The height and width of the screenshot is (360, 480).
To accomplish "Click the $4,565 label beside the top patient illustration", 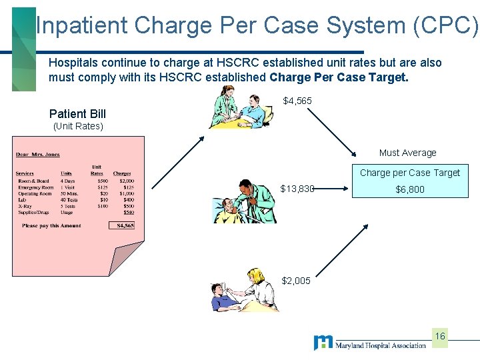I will point(297,101).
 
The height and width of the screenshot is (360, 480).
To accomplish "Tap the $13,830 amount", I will point(297,189).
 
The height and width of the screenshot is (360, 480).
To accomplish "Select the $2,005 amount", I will point(296,281).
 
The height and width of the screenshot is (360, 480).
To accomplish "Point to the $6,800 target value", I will point(409,189).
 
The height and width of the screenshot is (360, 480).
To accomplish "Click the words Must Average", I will point(407,153).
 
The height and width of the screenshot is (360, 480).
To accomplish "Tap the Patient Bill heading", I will point(77,114).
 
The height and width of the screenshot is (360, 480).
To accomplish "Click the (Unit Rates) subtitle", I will point(78,126).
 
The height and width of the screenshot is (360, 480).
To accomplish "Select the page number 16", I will point(439,336).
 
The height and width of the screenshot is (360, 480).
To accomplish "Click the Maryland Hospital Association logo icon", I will point(323,343).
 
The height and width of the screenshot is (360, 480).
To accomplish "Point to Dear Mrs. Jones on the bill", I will point(37,155).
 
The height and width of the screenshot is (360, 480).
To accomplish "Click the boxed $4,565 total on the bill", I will point(125,225).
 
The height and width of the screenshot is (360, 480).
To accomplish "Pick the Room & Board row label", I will point(33,181).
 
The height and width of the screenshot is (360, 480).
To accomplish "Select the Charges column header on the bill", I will point(122,174).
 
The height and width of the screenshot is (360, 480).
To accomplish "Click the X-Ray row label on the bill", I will point(26,206).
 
